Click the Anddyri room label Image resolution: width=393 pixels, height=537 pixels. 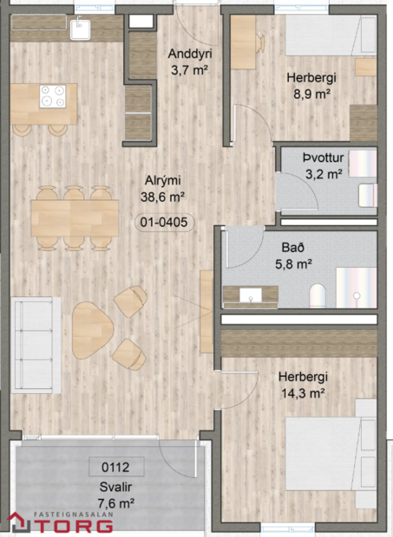click(190, 55)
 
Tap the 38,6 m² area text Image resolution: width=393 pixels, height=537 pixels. click(162, 197)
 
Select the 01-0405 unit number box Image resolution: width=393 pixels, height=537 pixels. click(163, 222)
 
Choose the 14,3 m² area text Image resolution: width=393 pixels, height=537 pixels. click(301, 392)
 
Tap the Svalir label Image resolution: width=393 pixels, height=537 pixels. click(115, 487)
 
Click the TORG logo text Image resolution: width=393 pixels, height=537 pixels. click(82, 525)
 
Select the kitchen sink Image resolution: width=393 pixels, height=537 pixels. click(84, 29)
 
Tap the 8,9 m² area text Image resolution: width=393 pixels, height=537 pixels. click(311, 93)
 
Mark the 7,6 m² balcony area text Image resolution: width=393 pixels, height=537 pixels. click(115, 502)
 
